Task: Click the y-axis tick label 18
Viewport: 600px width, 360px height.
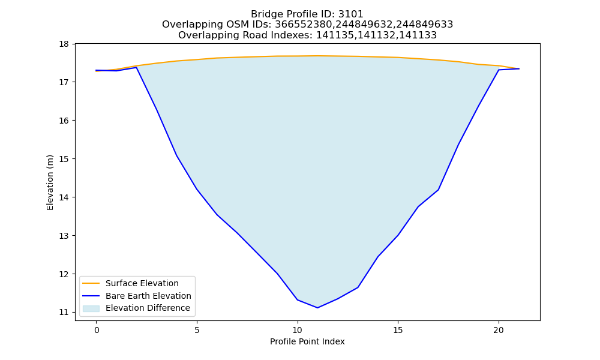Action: [x=64, y=44]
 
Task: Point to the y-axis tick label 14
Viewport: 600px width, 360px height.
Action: [x=64, y=197]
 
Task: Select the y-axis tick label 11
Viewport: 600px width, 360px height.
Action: [x=64, y=312]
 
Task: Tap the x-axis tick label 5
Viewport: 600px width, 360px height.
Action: [x=197, y=330]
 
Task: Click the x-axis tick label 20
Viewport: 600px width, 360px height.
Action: [x=498, y=330]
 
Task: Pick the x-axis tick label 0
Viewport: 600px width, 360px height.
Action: [x=97, y=330]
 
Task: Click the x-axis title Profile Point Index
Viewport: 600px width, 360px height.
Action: [x=307, y=341]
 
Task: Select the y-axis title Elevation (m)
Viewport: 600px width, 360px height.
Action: [x=50, y=182]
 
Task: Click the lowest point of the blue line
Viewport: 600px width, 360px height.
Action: [x=317, y=308]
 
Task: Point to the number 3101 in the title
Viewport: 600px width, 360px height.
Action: [x=350, y=14]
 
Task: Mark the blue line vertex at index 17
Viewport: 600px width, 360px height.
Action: [x=438, y=190]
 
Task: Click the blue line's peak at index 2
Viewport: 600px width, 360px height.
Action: [x=137, y=67]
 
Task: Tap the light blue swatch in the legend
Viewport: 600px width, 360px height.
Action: [x=91, y=308]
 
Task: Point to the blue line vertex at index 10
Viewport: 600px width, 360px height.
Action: [x=298, y=299]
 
